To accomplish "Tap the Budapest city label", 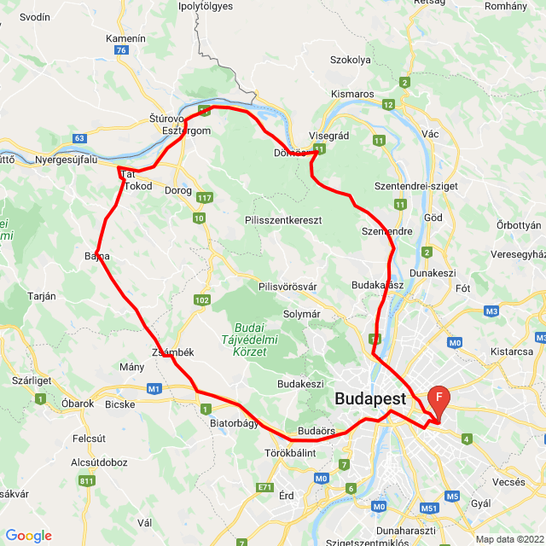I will click(370, 398).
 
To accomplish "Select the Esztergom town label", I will click(186, 131).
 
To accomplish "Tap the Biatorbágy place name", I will click(234, 422).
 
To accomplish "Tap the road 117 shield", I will click(205, 198).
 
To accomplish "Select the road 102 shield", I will click(202, 299).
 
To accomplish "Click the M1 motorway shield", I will click(154, 390).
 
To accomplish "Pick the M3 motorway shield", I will click(491, 311).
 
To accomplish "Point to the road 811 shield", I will click(86, 481).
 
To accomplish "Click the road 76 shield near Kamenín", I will click(122, 50).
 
